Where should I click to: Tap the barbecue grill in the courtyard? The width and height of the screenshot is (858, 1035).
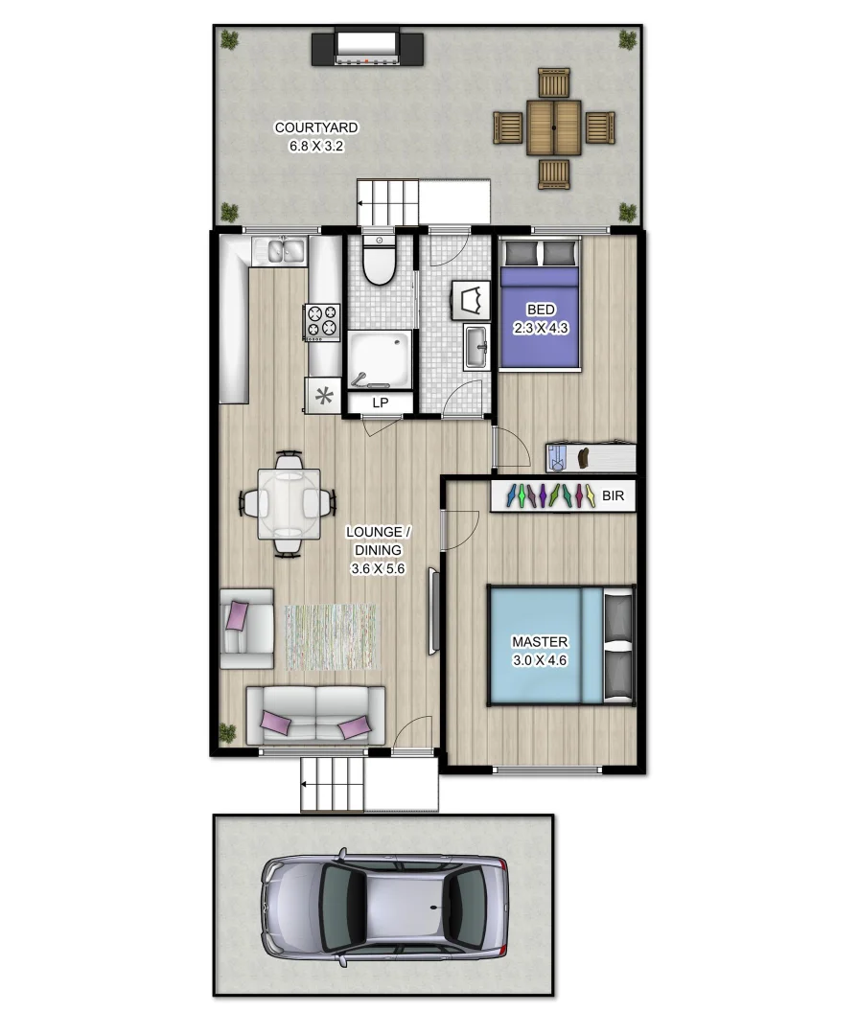coord(367,47)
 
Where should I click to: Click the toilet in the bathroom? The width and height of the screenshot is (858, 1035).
coord(379,264)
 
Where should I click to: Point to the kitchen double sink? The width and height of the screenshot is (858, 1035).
coord(279,252)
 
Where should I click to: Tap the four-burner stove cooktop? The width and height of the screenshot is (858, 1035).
coord(322,322)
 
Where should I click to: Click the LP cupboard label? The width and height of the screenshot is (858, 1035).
coord(380,402)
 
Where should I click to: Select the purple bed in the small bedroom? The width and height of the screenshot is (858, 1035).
coord(539,316)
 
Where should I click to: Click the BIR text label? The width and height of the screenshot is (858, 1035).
coord(612,496)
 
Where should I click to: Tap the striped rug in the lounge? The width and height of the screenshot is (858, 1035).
coord(332,636)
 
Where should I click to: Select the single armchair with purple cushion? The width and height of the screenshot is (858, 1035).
coord(245,628)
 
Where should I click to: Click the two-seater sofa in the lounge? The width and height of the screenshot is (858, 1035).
coord(315,715)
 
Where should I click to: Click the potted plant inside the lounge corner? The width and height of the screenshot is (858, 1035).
coord(227,733)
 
